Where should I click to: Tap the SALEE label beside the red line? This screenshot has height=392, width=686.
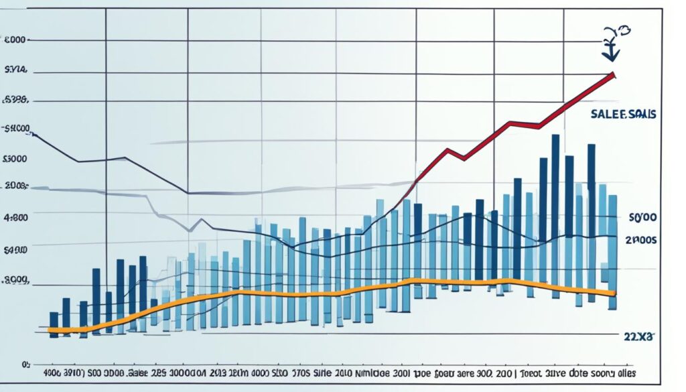point(609,115)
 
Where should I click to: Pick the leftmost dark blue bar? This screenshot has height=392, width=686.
point(54,324)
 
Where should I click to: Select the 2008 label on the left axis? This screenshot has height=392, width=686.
point(15,186)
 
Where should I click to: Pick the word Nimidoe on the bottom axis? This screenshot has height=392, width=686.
point(366,373)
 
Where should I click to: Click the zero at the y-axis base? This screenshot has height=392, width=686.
point(25,365)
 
